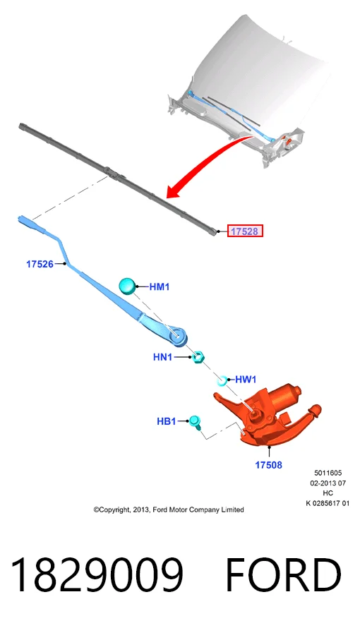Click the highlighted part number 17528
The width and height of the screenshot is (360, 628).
(x=245, y=231)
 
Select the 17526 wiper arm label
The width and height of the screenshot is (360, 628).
(x=40, y=264)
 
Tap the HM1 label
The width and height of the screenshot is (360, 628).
(x=160, y=286)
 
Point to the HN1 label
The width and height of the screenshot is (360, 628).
(x=162, y=357)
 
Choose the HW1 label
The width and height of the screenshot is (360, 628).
(x=246, y=380)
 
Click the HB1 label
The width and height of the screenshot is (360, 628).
(x=166, y=421)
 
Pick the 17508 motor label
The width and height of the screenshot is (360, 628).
(x=269, y=465)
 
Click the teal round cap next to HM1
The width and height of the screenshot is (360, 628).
(x=128, y=286)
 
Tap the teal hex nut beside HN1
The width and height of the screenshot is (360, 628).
(x=198, y=356)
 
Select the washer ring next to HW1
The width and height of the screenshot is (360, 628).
(x=222, y=380)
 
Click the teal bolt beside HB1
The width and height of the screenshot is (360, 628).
(x=196, y=422)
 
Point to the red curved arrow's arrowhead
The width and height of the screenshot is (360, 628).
(x=174, y=191)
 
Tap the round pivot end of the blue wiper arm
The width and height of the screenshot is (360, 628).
(x=178, y=337)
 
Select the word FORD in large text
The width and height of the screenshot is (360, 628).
(x=284, y=575)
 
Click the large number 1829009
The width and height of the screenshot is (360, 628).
(x=97, y=575)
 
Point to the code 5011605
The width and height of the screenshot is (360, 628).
(x=328, y=473)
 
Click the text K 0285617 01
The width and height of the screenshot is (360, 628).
(x=328, y=503)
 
